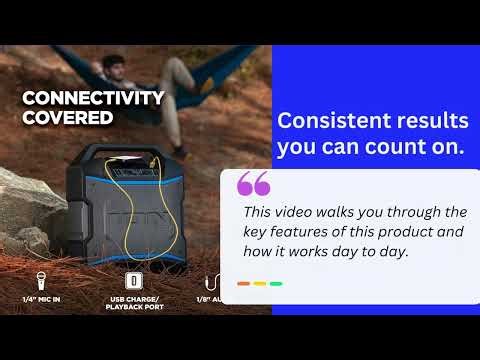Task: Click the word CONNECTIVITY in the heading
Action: tap(93, 98)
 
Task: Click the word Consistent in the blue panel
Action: tap(331, 122)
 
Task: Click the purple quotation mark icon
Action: tap(254, 185)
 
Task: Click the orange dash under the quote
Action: tap(243, 284)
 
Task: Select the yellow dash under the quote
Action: tap(260, 284)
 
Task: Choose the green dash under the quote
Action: tap(276, 284)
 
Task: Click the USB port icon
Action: tap(133, 281)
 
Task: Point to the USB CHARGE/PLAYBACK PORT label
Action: tap(133, 302)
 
